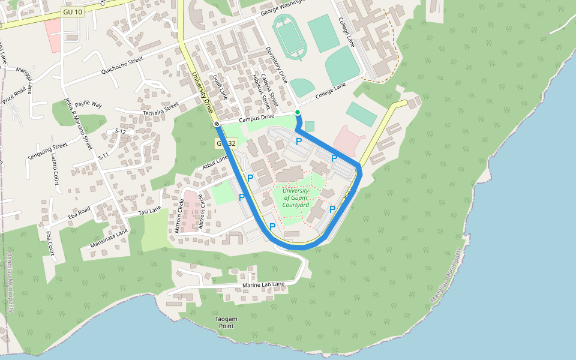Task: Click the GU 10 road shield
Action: (73, 12)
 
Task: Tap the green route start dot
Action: (298, 112)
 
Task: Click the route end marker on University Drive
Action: (217, 124)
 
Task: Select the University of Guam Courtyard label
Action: (296, 198)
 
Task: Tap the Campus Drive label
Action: (256, 119)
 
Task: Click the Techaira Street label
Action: (160, 108)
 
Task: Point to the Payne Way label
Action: (88, 104)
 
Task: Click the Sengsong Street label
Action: (47, 151)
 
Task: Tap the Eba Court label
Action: (50, 243)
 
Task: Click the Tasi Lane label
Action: (150, 211)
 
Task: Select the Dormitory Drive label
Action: (277, 64)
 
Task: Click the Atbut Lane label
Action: (215, 163)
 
